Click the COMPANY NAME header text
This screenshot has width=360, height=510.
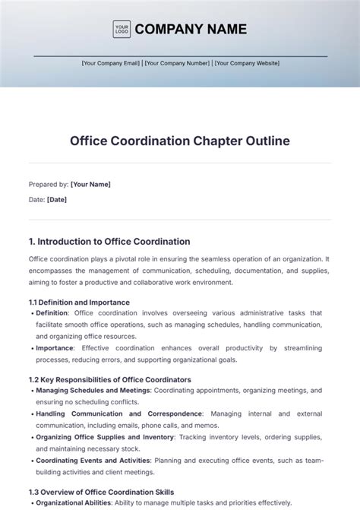pos(191,30)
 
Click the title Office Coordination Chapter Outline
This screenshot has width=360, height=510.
pos(180,141)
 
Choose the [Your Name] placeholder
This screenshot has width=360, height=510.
pos(90,184)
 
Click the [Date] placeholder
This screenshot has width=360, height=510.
pos(57,200)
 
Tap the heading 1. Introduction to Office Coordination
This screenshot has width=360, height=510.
pos(109,242)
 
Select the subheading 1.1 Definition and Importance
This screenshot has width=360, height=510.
pos(79,302)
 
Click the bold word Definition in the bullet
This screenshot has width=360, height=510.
pos(52,312)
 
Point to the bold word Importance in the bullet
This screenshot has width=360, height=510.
pos(54,347)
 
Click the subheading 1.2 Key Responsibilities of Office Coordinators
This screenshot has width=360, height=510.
pos(109,379)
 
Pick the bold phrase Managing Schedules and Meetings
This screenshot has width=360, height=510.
pos(93,390)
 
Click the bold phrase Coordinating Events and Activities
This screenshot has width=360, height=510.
pos(92,461)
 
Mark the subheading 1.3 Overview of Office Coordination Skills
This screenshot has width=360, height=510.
pos(101,492)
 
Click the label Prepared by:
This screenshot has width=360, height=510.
pos(48,184)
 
